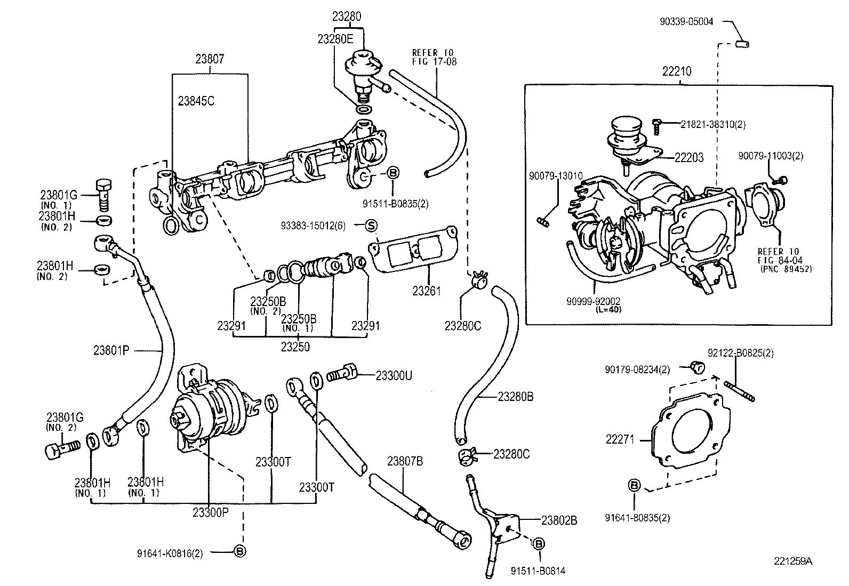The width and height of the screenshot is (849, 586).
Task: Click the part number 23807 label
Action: coord(210,60)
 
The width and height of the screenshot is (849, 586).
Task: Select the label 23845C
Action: coord(196,101)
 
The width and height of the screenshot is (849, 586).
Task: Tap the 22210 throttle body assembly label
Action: coord(677,71)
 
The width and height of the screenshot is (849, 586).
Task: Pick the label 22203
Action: coord(688,157)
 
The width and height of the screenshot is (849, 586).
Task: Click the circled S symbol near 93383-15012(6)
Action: coord(371,226)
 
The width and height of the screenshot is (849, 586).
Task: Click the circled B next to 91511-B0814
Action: coord(539,544)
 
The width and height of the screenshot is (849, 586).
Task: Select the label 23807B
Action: coord(405,461)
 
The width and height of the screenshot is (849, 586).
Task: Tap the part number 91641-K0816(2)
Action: coord(170,553)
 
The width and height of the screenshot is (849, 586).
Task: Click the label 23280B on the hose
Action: coord(516,397)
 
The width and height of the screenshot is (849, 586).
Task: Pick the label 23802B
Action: coord(559,520)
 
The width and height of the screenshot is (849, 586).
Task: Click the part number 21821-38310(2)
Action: coord(713,125)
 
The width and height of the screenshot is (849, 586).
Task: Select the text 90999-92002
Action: coord(593,301)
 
